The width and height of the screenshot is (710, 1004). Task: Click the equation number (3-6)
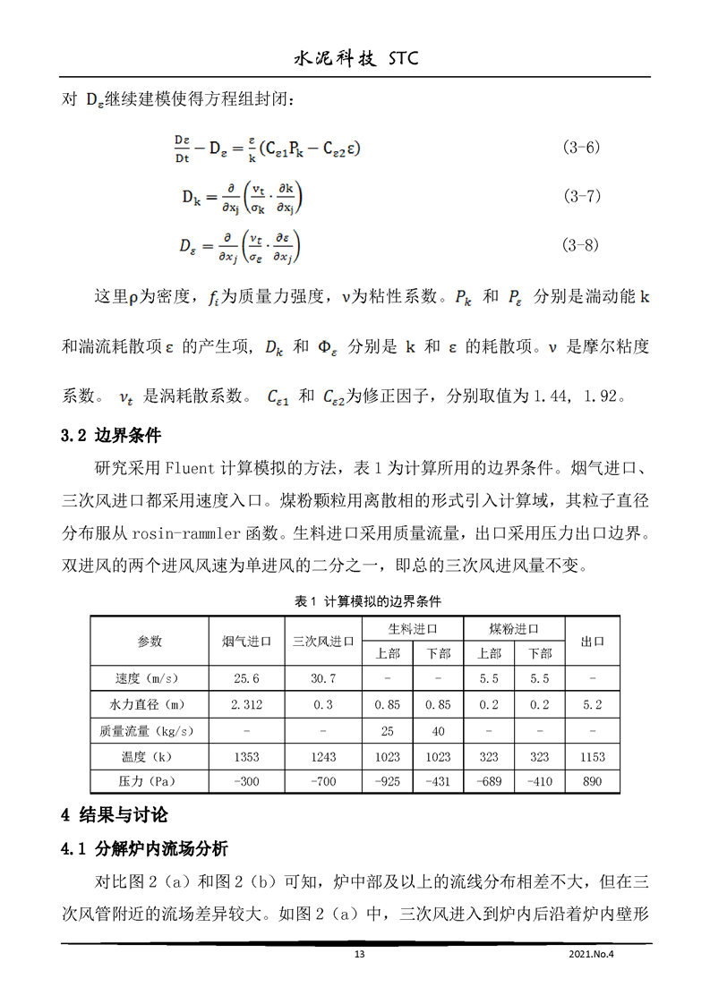[x=580, y=147]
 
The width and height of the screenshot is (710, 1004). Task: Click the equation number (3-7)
[x=580, y=195]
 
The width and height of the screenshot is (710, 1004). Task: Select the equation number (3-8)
[x=580, y=243]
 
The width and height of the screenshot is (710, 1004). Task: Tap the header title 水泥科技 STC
[x=355, y=59]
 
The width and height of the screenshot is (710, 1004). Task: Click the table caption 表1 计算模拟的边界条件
[x=355, y=600]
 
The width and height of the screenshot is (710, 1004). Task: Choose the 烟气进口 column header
[x=246, y=642]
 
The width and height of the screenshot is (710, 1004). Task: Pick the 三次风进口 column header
[x=323, y=642]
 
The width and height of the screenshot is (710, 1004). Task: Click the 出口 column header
[x=593, y=642]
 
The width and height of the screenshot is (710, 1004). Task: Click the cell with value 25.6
[x=246, y=679]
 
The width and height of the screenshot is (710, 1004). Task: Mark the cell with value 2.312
[x=246, y=705]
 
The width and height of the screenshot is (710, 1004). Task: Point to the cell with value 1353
[x=246, y=757]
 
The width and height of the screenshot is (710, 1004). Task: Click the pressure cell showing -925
[x=387, y=782]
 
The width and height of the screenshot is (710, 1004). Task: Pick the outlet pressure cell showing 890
[x=593, y=782]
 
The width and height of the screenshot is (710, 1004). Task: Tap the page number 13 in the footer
[x=360, y=955]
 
